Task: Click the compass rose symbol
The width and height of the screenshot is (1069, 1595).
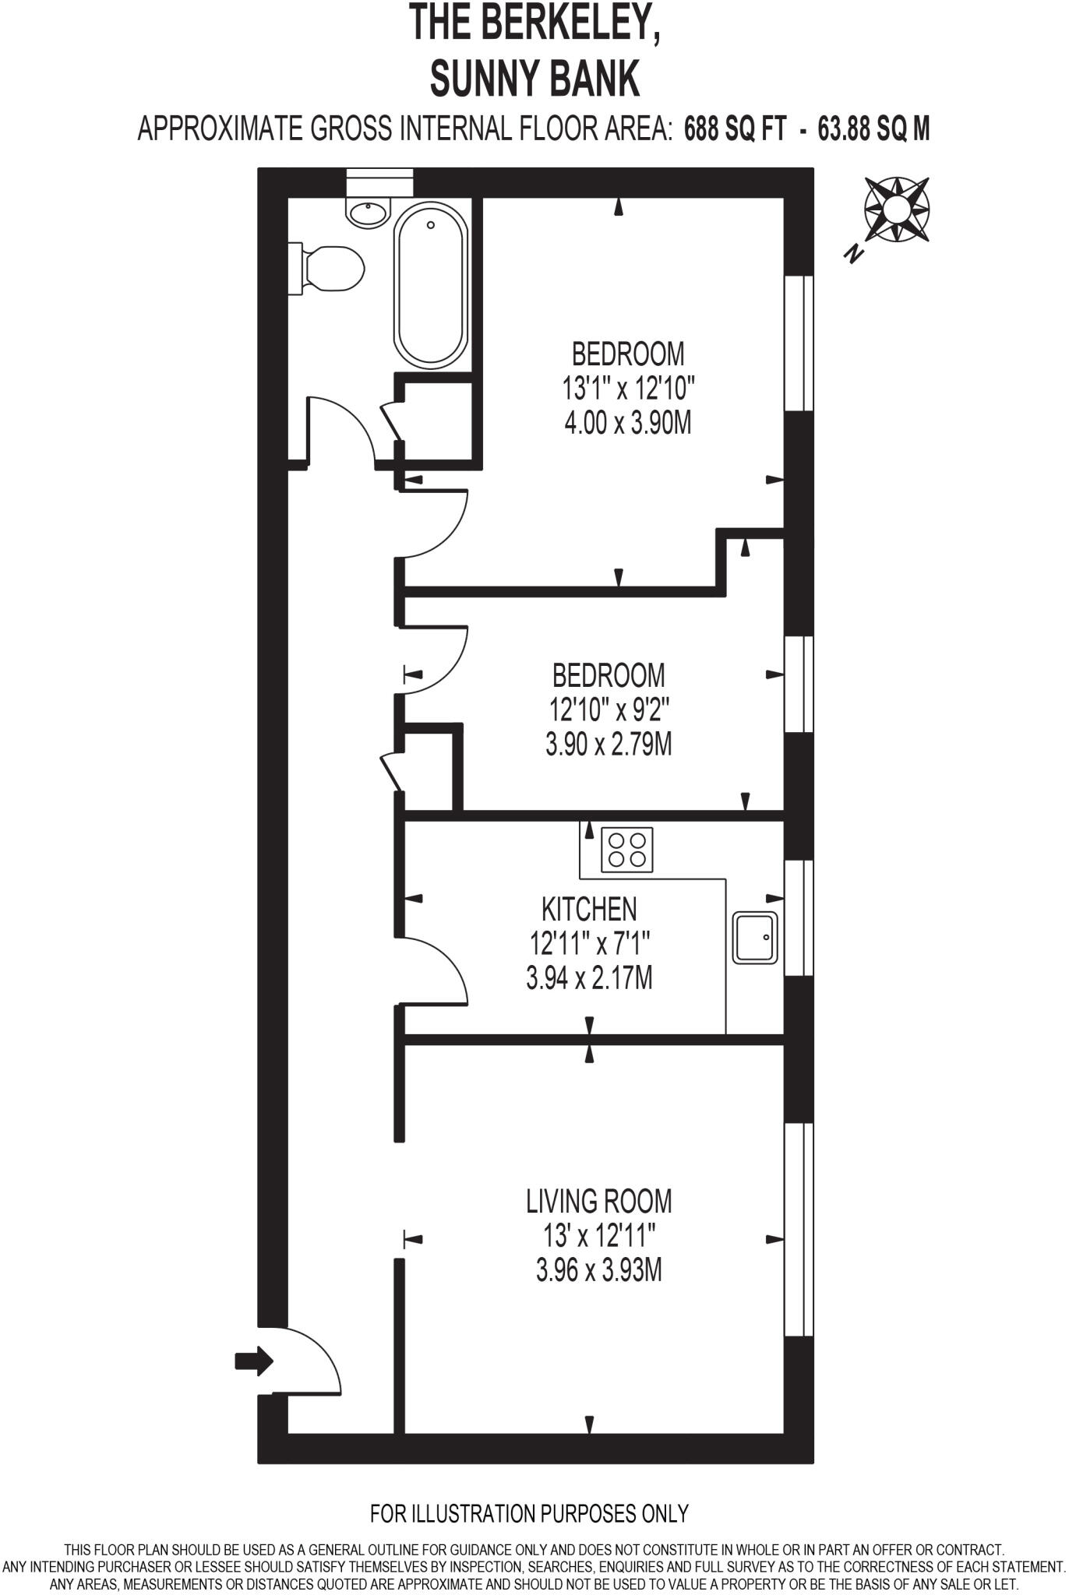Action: click(897, 209)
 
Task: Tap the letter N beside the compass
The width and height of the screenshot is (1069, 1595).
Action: click(855, 253)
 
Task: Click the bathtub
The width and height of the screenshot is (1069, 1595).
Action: click(431, 285)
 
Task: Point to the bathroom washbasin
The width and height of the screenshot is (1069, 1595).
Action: click(368, 211)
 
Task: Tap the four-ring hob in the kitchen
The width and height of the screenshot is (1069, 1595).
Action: click(627, 850)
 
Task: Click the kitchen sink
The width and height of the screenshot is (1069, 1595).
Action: click(755, 938)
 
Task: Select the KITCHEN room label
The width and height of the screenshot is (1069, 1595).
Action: click(589, 909)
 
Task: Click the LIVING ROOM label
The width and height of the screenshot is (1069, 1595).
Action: click(598, 1201)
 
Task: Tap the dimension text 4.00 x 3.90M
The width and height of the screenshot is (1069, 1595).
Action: click(627, 423)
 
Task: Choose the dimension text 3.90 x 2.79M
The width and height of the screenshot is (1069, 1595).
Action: click(609, 745)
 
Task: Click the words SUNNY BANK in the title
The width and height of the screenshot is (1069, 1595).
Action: click(534, 79)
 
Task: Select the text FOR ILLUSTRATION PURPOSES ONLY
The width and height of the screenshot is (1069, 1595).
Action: click(529, 1513)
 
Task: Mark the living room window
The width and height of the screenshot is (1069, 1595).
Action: click(798, 1229)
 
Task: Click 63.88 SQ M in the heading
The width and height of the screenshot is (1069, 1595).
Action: click(873, 129)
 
